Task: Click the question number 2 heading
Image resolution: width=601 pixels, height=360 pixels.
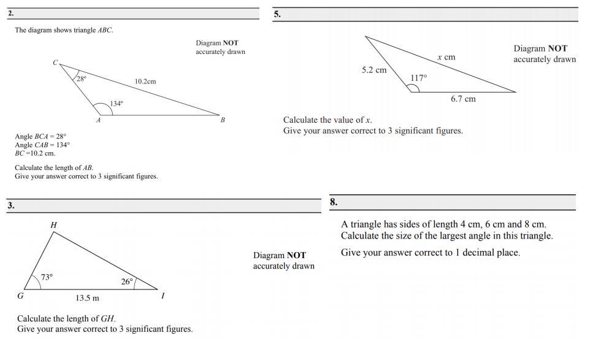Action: (x=11, y=13)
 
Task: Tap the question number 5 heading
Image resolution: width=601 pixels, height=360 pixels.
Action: (x=277, y=14)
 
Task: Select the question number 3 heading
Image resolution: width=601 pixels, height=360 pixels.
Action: (x=11, y=205)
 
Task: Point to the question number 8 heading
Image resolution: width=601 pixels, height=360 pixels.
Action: (x=334, y=202)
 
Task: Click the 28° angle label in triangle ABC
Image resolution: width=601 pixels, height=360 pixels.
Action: (x=81, y=79)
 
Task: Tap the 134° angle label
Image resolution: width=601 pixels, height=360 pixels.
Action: (x=117, y=104)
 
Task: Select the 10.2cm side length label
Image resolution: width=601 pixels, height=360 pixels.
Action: (x=145, y=82)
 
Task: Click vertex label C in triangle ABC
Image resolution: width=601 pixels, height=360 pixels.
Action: (x=55, y=63)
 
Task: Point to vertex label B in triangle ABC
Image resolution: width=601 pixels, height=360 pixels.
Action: (x=223, y=120)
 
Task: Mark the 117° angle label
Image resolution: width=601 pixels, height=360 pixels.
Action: (x=419, y=78)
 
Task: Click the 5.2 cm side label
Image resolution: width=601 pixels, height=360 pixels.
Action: (x=374, y=70)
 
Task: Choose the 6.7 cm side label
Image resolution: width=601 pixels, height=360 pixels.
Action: (x=463, y=99)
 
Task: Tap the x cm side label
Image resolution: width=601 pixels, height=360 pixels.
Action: (x=446, y=57)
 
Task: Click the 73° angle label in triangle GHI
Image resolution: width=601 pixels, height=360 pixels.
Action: (x=47, y=277)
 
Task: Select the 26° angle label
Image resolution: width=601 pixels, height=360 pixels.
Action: (x=127, y=281)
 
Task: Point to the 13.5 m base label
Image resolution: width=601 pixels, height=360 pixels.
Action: (x=87, y=298)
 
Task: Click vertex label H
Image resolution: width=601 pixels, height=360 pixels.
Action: (x=54, y=226)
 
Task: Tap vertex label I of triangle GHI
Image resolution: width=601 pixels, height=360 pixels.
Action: (x=163, y=296)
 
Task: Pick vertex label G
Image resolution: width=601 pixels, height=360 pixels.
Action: (x=20, y=296)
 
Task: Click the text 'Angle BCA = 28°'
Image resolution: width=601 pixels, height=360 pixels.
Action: (x=40, y=136)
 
